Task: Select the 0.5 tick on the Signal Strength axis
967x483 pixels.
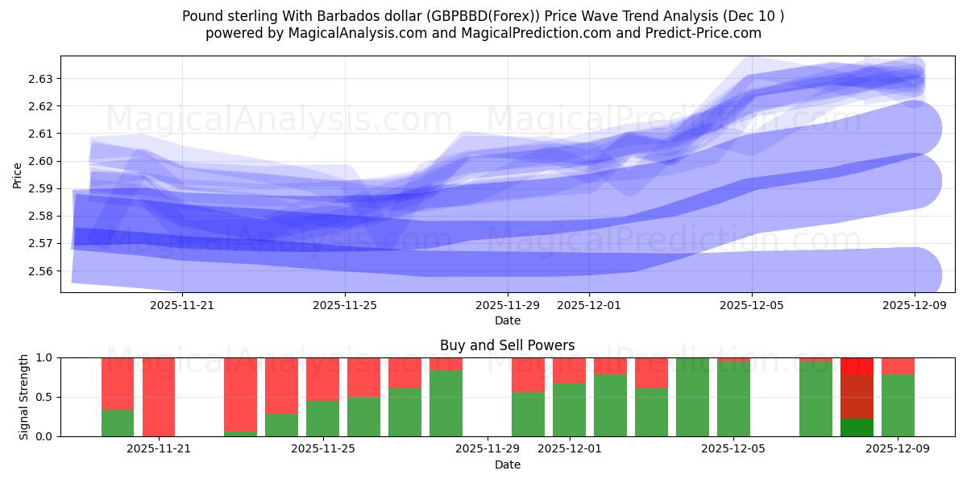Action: (45, 397)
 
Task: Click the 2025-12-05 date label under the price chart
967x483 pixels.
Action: (752, 305)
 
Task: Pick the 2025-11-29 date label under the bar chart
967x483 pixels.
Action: (488, 449)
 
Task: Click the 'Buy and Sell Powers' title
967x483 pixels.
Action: (507, 345)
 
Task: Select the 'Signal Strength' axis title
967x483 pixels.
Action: (24, 397)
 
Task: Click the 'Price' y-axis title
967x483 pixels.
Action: (18, 174)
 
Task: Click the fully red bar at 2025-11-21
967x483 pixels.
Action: (159, 397)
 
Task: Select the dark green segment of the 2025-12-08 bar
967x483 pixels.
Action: (857, 427)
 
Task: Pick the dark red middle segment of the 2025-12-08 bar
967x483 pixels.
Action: (857, 396)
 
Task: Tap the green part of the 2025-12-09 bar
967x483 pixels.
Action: (898, 405)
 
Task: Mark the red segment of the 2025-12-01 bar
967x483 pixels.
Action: (569, 370)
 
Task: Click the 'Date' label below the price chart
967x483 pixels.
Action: (507, 320)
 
